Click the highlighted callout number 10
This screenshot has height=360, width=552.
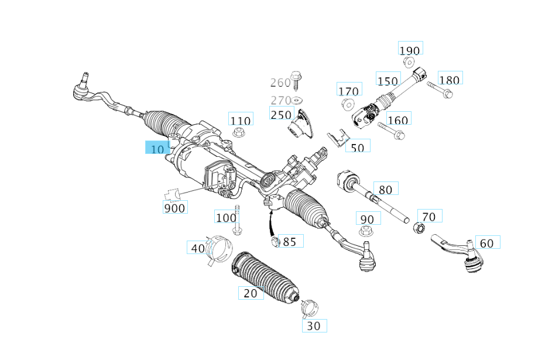tap(157, 149)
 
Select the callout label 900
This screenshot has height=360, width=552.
tap(175, 208)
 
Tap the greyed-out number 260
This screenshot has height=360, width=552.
tap(280, 83)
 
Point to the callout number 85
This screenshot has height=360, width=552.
tap(290, 242)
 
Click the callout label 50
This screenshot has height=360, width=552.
tap(358, 148)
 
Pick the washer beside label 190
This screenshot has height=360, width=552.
tap(409, 62)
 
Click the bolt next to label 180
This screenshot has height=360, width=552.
tap(440, 90)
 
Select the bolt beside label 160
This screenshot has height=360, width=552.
tap(391, 130)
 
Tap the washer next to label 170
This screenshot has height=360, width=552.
tap(348, 105)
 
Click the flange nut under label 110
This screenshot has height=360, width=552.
tap(239, 133)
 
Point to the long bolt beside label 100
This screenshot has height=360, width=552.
tap(237, 221)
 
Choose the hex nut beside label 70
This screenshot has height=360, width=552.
tap(419, 228)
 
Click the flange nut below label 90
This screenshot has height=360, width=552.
tap(366, 232)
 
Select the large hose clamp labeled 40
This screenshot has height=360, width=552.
tap(219, 249)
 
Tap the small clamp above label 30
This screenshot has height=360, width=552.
tap(310, 308)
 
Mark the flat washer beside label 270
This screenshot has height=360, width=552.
tap(297, 101)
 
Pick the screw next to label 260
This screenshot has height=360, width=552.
tap(296, 80)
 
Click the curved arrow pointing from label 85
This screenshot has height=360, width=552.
tap(270, 224)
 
